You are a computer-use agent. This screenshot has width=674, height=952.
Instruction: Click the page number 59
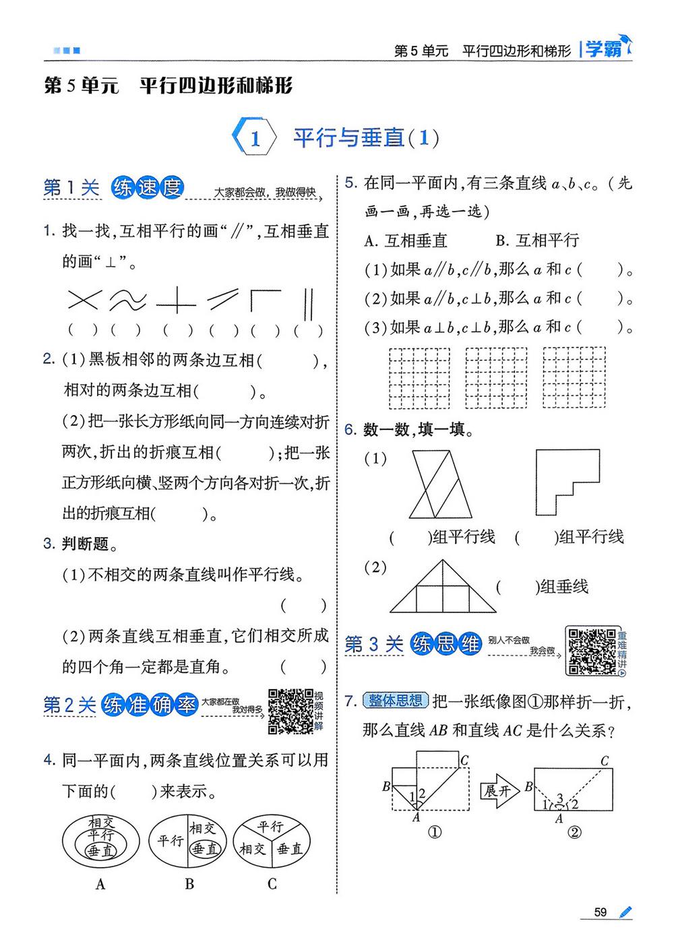600,912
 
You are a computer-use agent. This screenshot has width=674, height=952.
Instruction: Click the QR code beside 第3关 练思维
591,651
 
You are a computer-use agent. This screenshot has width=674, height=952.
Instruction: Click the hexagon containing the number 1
255,138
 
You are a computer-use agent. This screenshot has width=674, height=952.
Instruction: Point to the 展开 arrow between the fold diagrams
499,790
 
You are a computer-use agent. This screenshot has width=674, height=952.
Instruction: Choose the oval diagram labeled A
101,842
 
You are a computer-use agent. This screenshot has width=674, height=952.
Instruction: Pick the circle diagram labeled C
272,842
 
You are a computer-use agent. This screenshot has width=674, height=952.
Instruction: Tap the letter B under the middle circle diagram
189,884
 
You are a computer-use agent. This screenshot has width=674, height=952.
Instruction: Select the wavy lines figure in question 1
128,300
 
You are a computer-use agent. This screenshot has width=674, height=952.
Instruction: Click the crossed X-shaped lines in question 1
84,300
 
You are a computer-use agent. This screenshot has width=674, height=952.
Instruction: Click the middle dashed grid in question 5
497,377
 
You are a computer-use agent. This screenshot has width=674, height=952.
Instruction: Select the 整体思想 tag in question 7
395,701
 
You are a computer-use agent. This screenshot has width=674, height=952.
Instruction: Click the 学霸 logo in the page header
607,49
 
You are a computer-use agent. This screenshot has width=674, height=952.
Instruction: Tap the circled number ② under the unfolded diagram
574,832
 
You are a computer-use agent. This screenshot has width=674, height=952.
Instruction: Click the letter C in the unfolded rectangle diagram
605,761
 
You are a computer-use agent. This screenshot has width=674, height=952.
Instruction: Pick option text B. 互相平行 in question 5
537,241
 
